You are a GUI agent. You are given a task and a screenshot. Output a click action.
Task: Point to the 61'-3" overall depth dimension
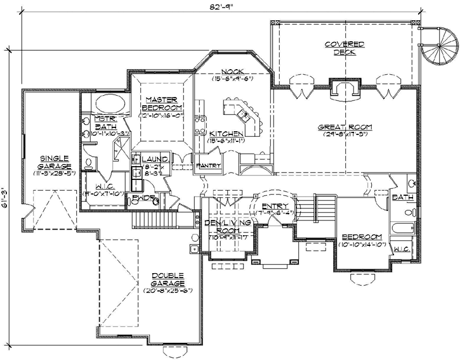6,198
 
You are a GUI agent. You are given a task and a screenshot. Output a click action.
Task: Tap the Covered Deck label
345,48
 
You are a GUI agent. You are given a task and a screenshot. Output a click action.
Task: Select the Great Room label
346,127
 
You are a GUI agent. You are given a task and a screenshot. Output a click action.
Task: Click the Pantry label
209,165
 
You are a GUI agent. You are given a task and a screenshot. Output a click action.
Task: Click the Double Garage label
168,279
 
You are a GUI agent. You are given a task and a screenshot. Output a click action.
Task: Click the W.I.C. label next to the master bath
100,186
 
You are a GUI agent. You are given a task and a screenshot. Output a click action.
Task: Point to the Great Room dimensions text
346,134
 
